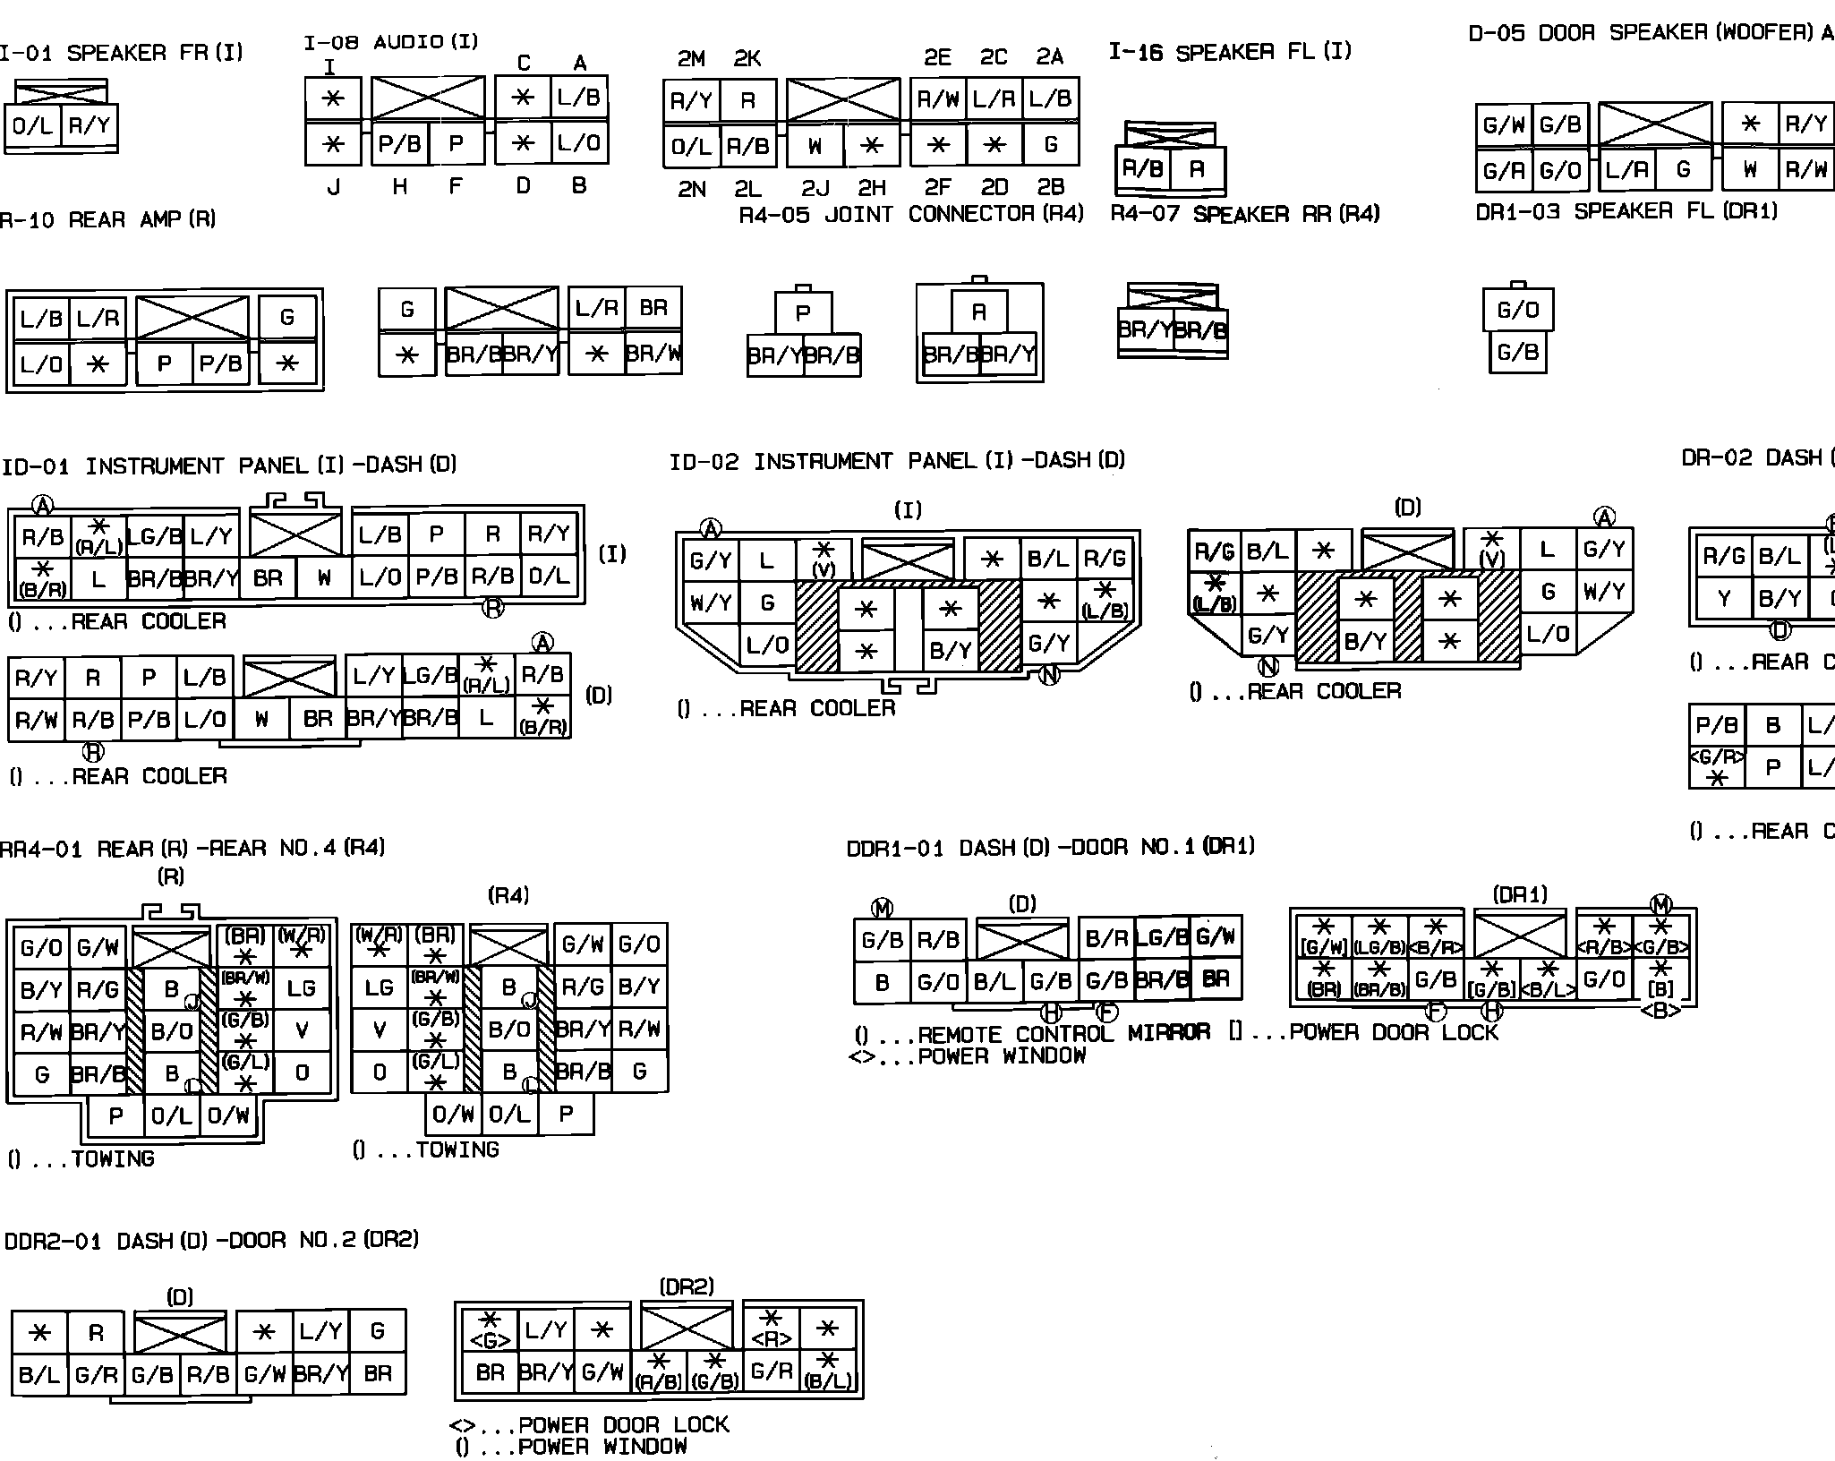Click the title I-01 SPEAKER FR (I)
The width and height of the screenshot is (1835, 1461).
pos(121,53)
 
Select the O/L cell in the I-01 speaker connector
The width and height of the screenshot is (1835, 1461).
pos(32,126)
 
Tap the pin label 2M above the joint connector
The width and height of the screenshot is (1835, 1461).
pos(690,59)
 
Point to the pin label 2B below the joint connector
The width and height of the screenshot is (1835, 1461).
pos(1050,186)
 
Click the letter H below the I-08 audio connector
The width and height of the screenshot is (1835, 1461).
pos(399,186)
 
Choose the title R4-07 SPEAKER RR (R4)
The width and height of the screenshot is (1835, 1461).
pos(1244,214)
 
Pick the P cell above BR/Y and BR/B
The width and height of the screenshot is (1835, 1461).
pos(803,312)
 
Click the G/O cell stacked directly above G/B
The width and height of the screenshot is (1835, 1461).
pos(1517,310)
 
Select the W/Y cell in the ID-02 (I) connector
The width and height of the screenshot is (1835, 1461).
pos(711,602)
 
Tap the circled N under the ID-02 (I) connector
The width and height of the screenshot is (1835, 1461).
pos(1048,675)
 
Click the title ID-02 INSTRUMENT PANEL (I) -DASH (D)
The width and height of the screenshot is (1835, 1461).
pos(897,462)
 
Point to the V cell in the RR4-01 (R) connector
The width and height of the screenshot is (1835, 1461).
pos(302,1030)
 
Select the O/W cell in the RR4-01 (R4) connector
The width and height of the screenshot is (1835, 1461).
pos(453,1115)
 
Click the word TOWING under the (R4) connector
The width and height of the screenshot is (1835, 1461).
pos(457,1149)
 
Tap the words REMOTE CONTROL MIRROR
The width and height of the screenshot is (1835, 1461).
pos(1063,1034)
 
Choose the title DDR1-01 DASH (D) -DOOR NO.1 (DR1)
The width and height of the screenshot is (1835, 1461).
pos(1050,847)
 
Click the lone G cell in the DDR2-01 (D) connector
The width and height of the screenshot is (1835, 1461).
pos(377,1331)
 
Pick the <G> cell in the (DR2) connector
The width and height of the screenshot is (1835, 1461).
pos(490,1331)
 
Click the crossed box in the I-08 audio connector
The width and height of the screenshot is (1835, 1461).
pos(428,98)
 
